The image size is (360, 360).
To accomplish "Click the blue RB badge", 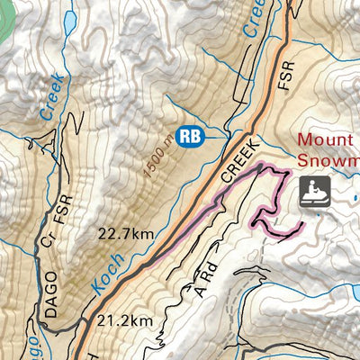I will [190, 136].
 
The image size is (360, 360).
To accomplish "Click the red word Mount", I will [328, 140].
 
